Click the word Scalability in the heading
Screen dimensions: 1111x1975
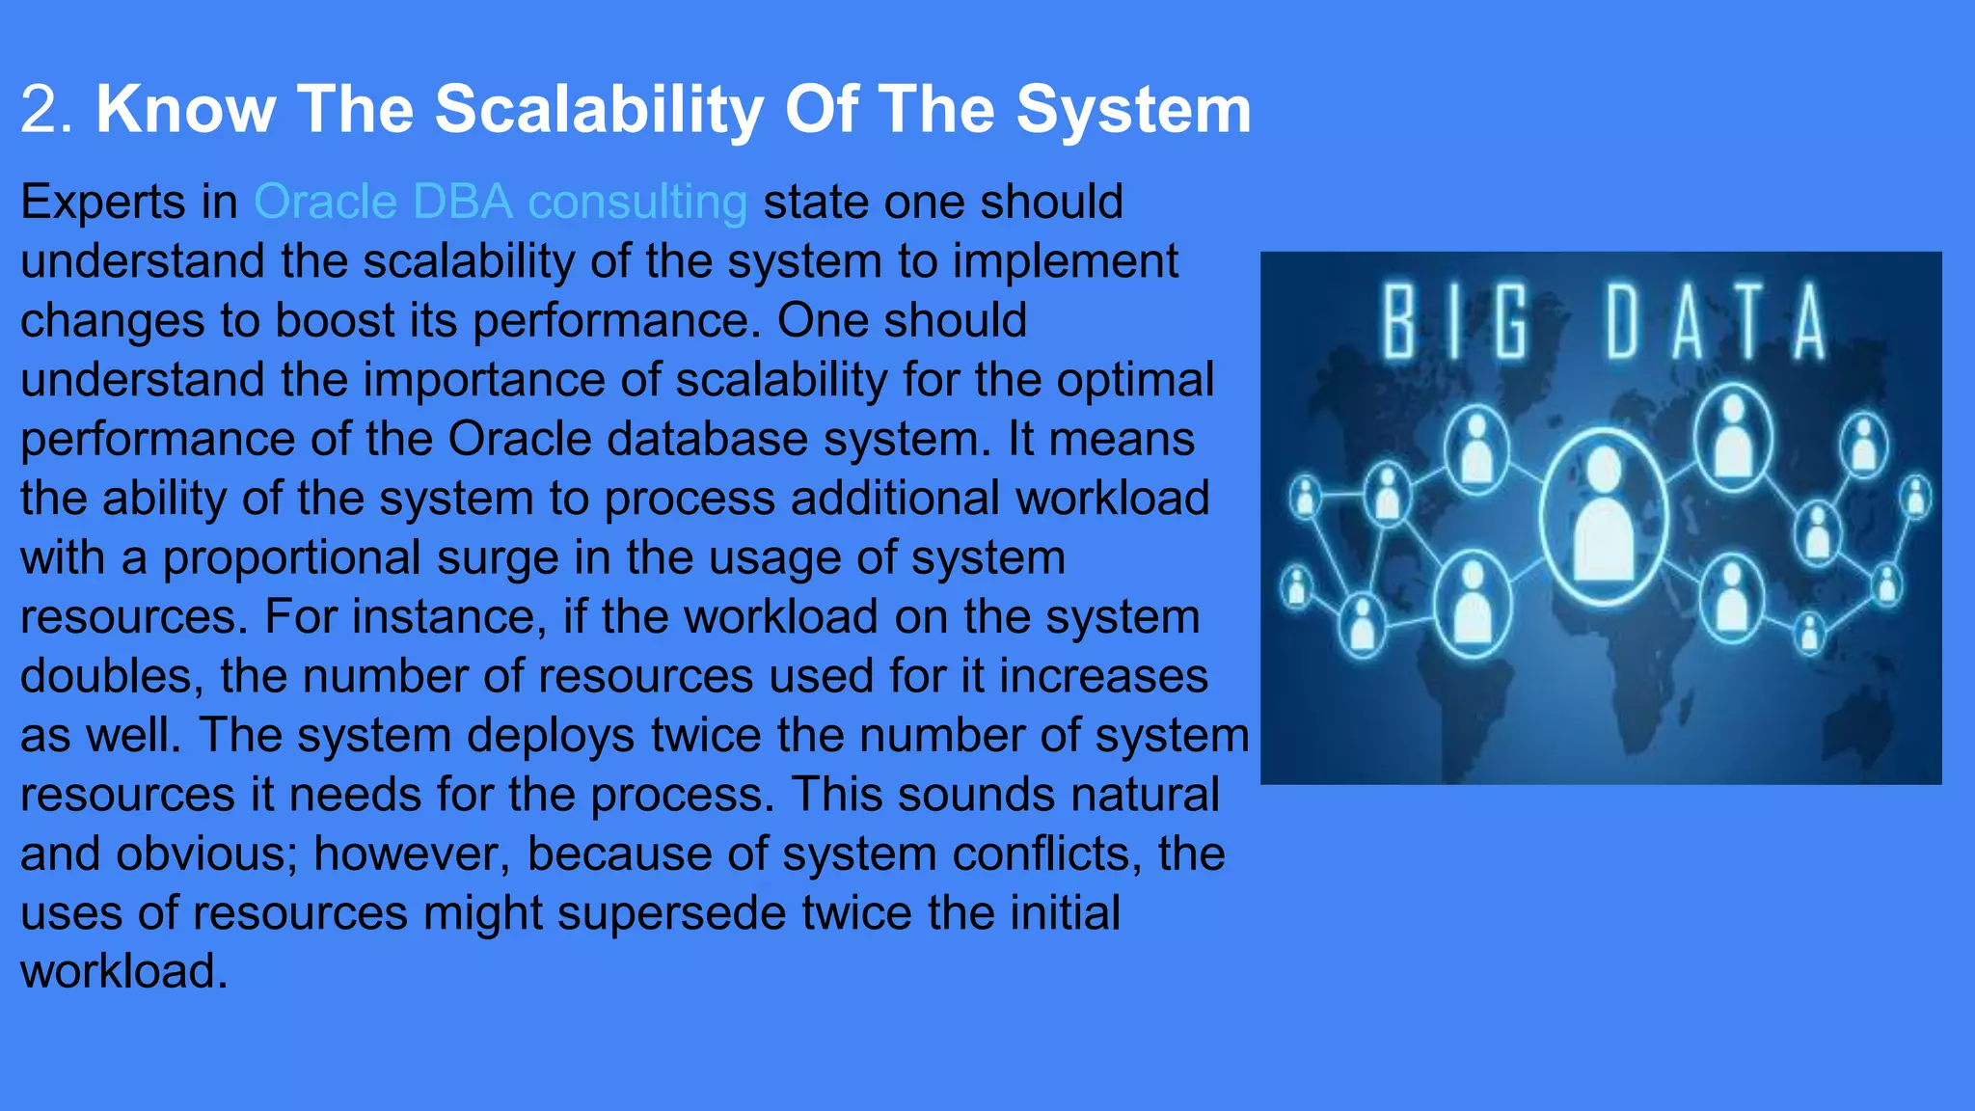coord(599,109)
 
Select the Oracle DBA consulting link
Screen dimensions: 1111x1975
coord(500,203)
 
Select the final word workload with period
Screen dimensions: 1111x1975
coord(123,972)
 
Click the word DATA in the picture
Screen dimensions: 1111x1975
coord(1716,322)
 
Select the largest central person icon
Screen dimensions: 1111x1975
coord(1603,517)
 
